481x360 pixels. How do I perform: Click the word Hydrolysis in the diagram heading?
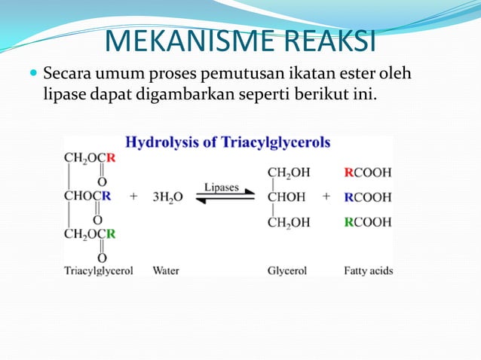tap(160, 142)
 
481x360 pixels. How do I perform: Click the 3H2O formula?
tap(167, 197)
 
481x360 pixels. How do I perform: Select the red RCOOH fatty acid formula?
tap(368, 172)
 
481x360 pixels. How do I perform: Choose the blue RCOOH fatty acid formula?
tap(368, 197)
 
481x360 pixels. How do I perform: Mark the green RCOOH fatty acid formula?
tap(368, 222)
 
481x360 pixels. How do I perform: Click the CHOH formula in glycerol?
tap(287, 197)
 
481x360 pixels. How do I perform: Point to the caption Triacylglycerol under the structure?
tap(99, 270)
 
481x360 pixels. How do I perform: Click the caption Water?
tap(166, 270)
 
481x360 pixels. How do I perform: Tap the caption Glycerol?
tap(287, 270)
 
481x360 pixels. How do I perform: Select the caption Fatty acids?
tap(368, 270)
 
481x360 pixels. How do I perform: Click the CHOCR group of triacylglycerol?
tap(88, 197)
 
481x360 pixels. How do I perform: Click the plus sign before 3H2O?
tap(134, 197)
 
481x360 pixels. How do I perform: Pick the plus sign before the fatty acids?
tap(326, 197)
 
